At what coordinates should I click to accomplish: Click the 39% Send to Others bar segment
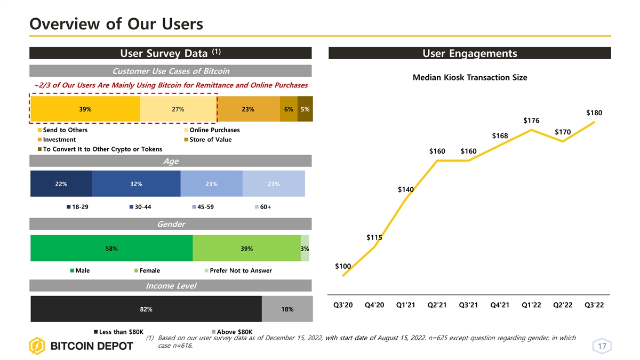(85, 109)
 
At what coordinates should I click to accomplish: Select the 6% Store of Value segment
(288, 109)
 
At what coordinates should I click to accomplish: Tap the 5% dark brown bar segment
(305, 109)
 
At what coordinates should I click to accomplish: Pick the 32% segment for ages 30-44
(136, 184)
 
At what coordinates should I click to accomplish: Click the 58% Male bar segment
(111, 249)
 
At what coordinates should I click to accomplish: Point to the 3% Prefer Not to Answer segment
(305, 249)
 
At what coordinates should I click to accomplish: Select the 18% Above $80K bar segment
(287, 309)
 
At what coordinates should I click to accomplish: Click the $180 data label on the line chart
(594, 113)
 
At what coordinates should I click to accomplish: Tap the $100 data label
(343, 266)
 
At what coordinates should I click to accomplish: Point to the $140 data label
(406, 190)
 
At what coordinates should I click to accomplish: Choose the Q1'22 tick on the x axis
(531, 305)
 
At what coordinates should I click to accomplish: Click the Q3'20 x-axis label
(343, 305)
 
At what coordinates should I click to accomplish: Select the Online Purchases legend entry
(214, 130)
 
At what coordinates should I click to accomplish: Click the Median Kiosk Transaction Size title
(470, 78)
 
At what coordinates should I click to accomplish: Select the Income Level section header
(171, 286)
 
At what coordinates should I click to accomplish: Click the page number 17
(602, 347)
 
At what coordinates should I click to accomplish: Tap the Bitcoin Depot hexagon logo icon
(37, 346)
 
